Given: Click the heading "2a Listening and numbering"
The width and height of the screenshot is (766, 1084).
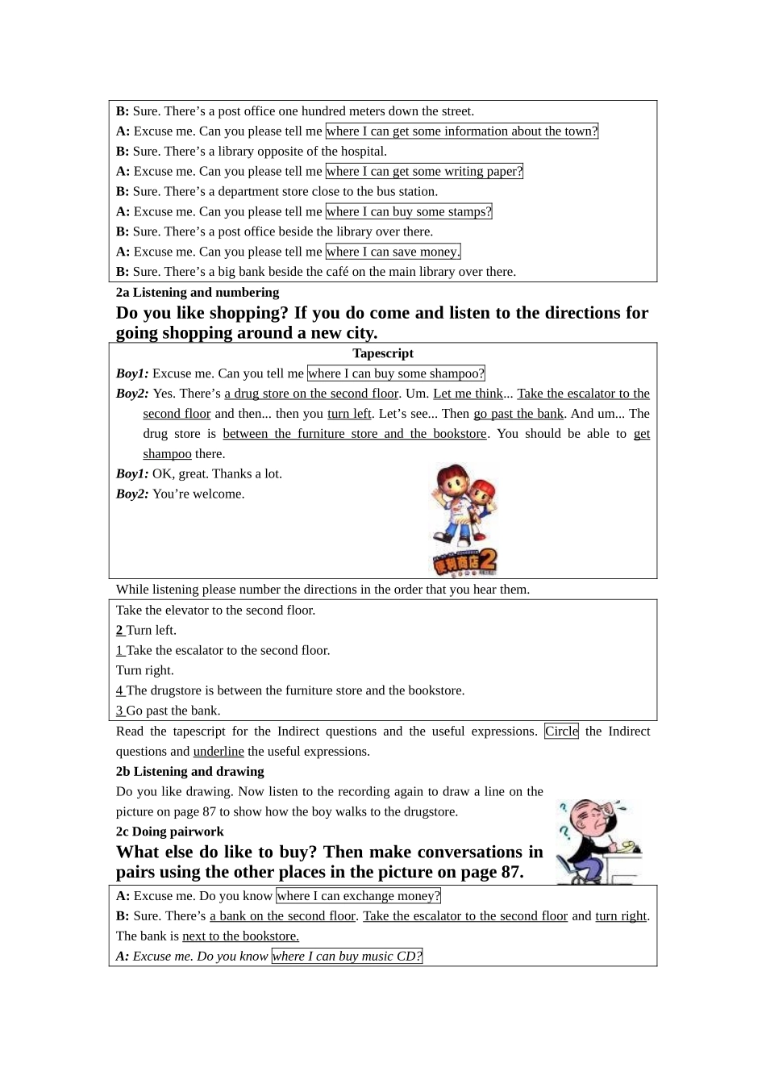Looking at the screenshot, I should point(198,293).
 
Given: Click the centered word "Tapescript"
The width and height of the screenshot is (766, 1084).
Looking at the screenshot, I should point(383,353).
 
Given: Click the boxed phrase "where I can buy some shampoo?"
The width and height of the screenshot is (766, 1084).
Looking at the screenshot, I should point(396,373).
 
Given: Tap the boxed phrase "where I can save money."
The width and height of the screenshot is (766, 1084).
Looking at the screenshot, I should point(393,252).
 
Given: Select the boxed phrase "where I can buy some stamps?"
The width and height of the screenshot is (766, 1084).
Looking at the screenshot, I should point(408,211).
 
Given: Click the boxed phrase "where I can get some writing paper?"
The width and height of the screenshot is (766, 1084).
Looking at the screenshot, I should point(424,171).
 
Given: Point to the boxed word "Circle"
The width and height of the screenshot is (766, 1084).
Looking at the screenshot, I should point(561,732).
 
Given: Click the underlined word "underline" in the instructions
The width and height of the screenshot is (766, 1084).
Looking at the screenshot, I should point(219,752).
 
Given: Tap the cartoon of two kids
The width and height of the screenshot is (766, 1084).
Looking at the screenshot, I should point(464,519).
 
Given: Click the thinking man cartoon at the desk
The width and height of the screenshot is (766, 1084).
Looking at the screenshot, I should point(597,841).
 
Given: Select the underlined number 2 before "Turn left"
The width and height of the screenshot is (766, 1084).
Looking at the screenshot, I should point(120,631).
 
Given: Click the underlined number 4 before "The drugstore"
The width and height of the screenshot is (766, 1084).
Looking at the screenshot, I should point(120,691).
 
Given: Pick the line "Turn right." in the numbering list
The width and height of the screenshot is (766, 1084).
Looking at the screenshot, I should point(145,671).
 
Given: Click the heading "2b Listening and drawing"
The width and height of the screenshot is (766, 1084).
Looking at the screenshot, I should point(189,772).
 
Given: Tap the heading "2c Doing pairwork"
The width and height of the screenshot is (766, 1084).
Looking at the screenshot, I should point(169,832).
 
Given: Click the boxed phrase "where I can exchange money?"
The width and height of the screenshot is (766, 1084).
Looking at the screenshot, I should point(358,896).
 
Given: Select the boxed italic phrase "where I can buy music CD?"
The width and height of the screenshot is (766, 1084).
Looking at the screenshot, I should point(347,957).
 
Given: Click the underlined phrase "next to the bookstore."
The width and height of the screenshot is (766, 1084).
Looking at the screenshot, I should point(240,936).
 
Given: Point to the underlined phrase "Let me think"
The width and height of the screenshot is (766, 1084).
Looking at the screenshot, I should point(468,394).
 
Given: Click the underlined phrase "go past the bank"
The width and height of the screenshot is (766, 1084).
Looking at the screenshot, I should point(518,414).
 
